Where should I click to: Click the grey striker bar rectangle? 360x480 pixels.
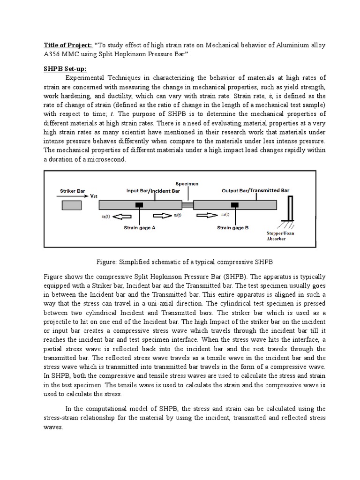[x=71, y=205]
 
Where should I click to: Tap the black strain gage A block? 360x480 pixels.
[x=139, y=205]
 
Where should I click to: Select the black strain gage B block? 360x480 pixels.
[x=234, y=205]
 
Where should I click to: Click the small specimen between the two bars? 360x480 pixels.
[x=187, y=205]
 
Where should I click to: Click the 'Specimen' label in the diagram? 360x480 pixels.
[x=187, y=183]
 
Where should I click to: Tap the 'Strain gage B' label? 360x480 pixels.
[x=232, y=228]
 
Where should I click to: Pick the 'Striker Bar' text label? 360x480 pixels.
[x=73, y=191]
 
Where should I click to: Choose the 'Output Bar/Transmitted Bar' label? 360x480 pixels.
[x=255, y=191]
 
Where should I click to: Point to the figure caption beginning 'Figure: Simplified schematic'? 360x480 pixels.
[x=180, y=261]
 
